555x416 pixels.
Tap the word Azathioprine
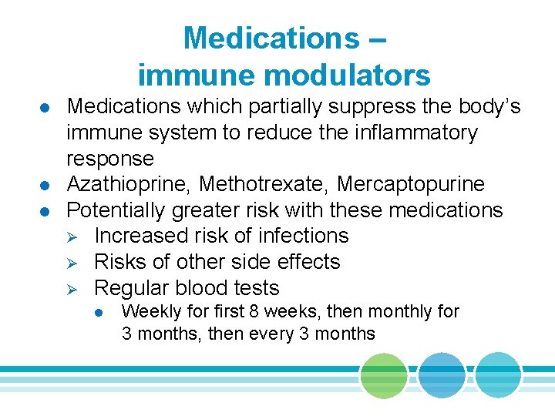(129, 184)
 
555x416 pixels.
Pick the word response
(110, 158)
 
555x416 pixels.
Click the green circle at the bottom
(384, 376)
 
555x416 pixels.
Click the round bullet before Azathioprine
(46, 185)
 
